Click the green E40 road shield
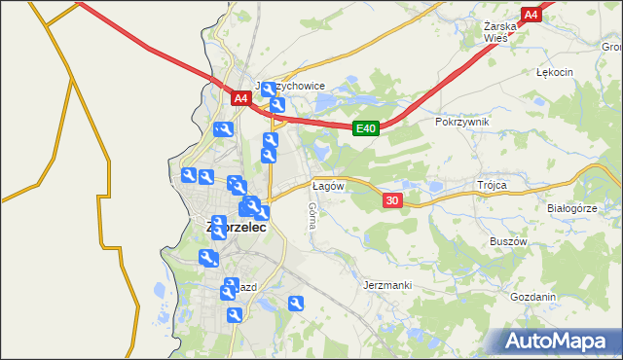coord(365,127)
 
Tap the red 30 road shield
coord(392,199)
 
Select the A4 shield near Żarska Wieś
coord(531,15)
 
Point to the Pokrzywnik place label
coord(462,123)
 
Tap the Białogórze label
coord(571,208)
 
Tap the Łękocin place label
coord(555,73)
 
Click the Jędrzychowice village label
coord(290,86)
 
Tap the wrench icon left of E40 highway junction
coord(223,129)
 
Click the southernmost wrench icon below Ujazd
coord(235,315)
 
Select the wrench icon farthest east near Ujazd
coord(297,304)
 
